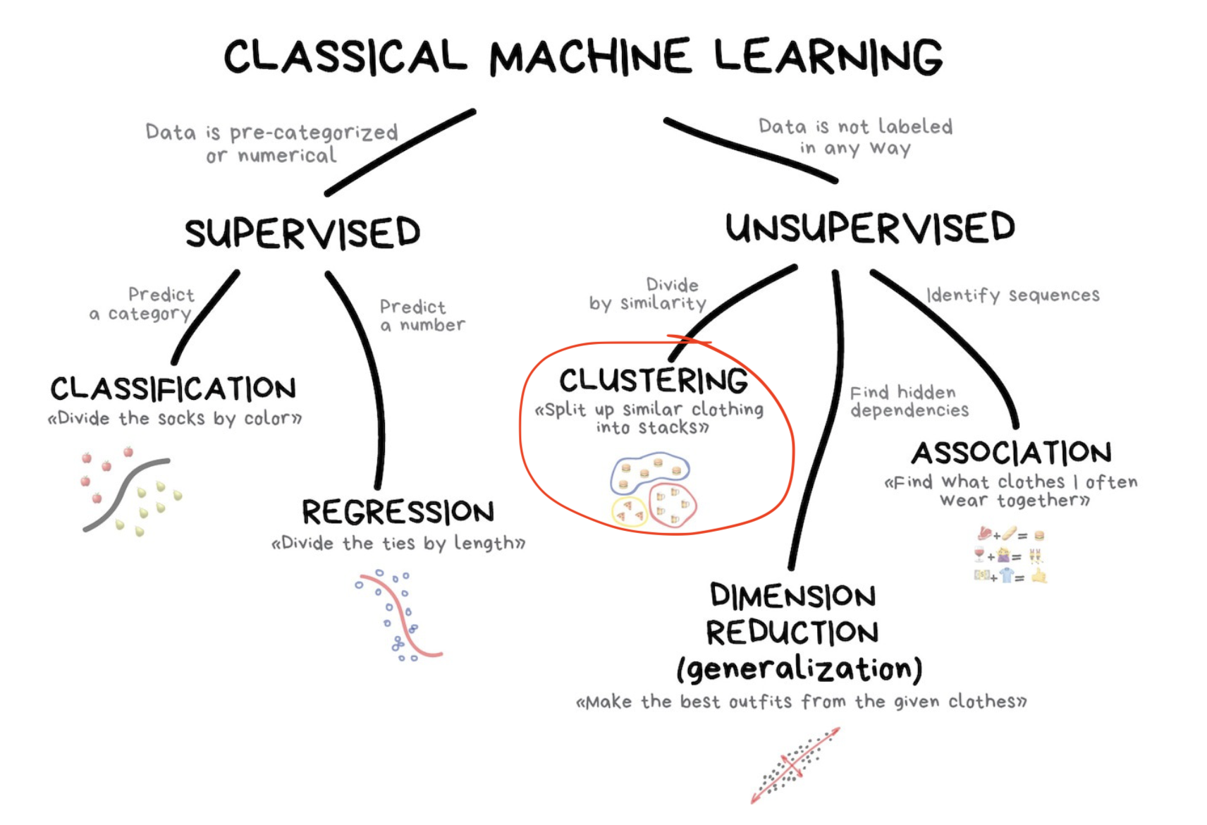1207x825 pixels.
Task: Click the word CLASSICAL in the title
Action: [x=345, y=56]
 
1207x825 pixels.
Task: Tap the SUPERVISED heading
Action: [x=302, y=233]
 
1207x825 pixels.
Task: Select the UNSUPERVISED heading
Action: [x=870, y=228]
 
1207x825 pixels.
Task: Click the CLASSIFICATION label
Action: [x=173, y=389]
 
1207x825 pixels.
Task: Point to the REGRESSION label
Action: [x=398, y=512]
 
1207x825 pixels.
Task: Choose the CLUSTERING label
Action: [x=654, y=381]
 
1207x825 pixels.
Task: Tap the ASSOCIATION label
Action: [x=1012, y=453]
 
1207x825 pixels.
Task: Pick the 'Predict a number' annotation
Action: [x=422, y=315]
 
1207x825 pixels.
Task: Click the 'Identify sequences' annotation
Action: [x=1012, y=295]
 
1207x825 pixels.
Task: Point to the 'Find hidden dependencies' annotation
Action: [x=909, y=401]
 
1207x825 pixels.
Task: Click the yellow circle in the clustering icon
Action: [x=629, y=511]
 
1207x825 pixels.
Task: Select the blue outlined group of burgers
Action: [x=649, y=472]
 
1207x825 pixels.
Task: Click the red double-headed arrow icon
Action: [x=795, y=765]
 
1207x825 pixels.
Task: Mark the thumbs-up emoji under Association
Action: [x=1038, y=576]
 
